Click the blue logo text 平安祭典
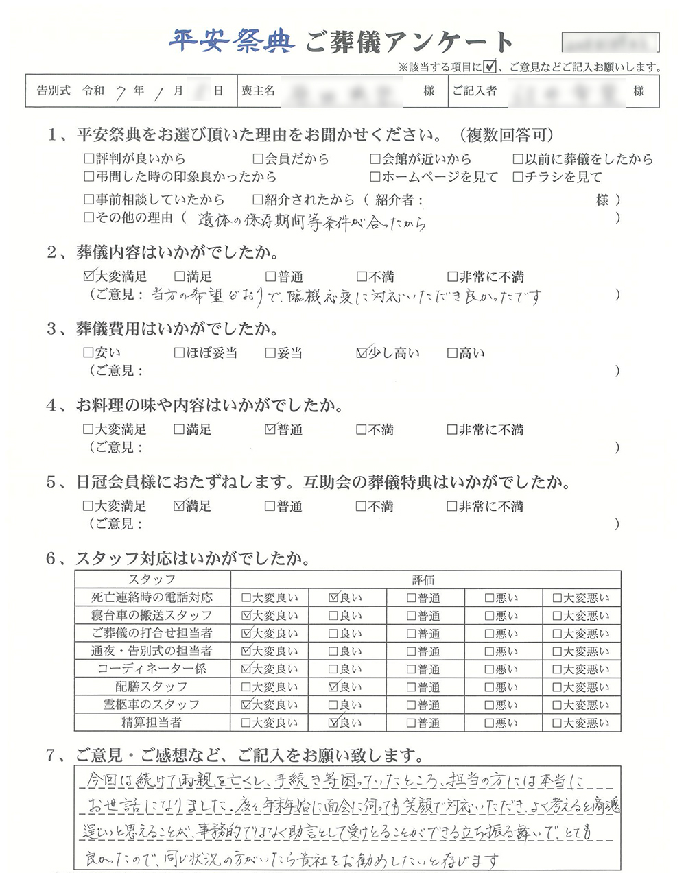pyautogui.click(x=231, y=42)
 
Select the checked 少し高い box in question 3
pyautogui.click(x=362, y=353)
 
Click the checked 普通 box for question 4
pyautogui.click(x=270, y=430)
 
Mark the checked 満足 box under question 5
pyautogui.click(x=180, y=507)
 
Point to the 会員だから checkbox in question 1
pyautogui.click(x=258, y=159)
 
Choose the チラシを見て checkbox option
pyautogui.click(x=519, y=177)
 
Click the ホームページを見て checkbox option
pyautogui.click(x=375, y=177)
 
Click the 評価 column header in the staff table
pyautogui.click(x=424, y=579)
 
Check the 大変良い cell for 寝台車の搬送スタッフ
pyautogui.click(x=270, y=616)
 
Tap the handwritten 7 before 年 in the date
pyautogui.click(x=121, y=91)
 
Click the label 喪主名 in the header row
pyautogui.click(x=259, y=91)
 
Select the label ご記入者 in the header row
pyautogui.click(x=474, y=91)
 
